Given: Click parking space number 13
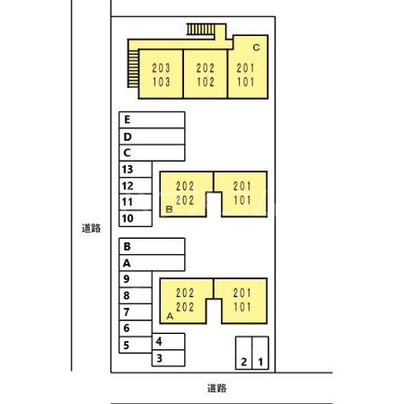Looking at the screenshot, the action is click(136, 170).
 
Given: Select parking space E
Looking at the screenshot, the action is click(152, 120).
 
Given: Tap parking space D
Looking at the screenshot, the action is click(152, 136).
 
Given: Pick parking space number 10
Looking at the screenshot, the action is click(136, 218).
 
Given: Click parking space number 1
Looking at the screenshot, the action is click(260, 353).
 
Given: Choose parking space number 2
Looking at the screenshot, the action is click(244, 353).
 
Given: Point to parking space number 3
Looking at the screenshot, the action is click(168, 358).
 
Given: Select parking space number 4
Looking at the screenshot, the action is click(168, 341).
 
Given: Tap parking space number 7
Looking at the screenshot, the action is click(136, 312).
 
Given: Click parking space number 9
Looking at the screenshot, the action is click(136, 279).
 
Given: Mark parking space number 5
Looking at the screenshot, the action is click(136, 345).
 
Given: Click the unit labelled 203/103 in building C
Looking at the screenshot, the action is click(161, 75).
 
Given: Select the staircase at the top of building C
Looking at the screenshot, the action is click(201, 30).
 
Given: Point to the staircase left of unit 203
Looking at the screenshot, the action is click(134, 68).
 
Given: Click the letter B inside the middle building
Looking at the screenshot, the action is click(169, 209).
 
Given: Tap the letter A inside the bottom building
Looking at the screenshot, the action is click(170, 316).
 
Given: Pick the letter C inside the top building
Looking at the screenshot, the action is click(256, 48).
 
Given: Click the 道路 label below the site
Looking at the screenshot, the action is click(217, 388).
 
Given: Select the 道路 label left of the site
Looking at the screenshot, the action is click(92, 228).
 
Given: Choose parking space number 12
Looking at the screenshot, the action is click(136, 186).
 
